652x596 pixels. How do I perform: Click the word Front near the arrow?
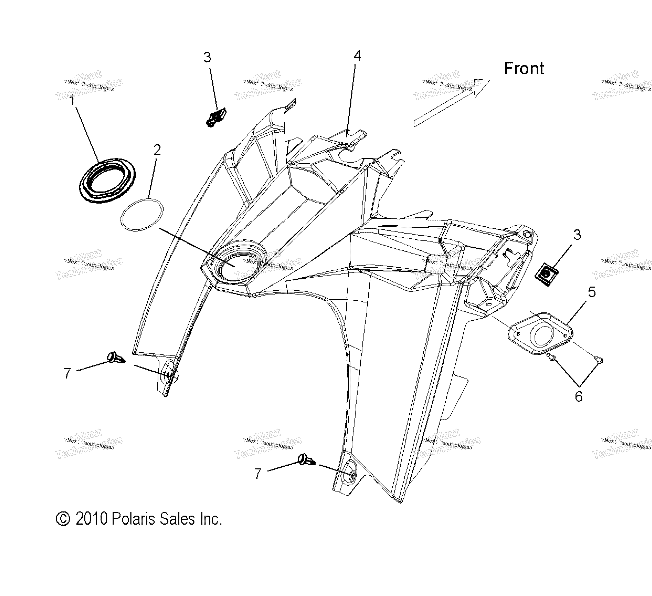pos(524,69)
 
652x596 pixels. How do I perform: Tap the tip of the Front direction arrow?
pos(490,80)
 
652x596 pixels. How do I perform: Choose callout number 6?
pos(579,396)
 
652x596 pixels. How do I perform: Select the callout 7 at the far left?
pos(67,373)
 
